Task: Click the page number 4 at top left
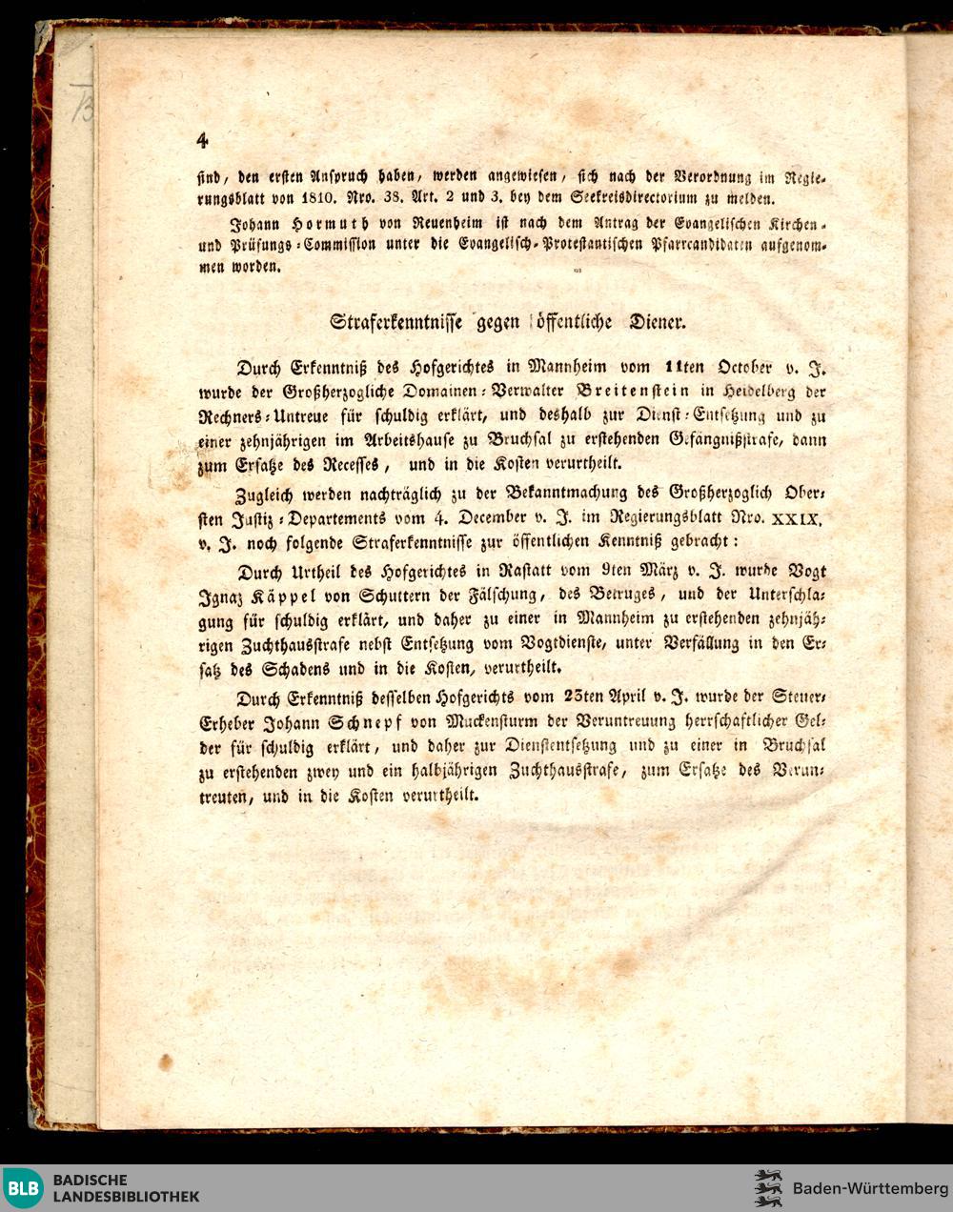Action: [202, 140]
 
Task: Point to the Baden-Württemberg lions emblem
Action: [767, 1188]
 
